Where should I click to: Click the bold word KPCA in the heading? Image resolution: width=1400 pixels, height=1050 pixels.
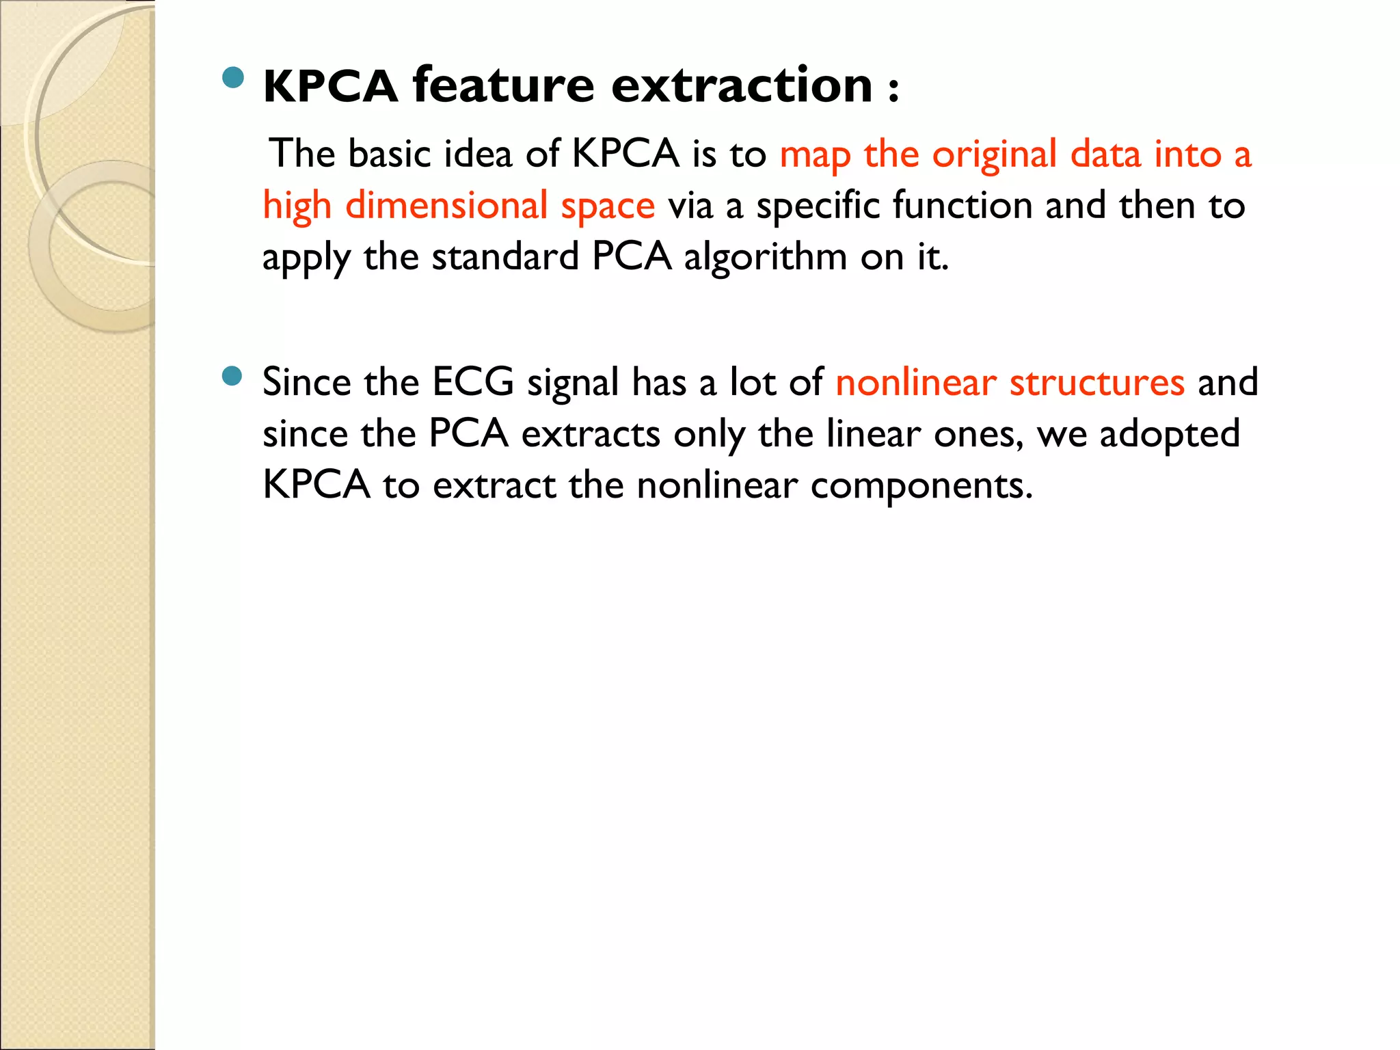pyautogui.click(x=330, y=87)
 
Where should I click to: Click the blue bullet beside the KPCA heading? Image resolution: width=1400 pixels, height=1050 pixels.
pyautogui.click(x=233, y=77)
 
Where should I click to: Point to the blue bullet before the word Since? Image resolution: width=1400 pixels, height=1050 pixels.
pyautogui.click(x=232, y=376)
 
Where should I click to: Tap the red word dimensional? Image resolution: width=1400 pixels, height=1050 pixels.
pyautogui.click(x=446, y=206)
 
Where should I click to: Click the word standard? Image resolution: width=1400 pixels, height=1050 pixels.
pyautogui.click(x=505, y=258)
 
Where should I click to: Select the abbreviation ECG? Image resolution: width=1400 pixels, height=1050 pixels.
pyautogui.click(x=473, y=381)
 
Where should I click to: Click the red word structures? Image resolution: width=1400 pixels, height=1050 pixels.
pyautogui.click(x=1097, y=381)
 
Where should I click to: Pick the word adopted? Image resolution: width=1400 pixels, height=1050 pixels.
pyautogui.click(x=1170, y=435)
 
